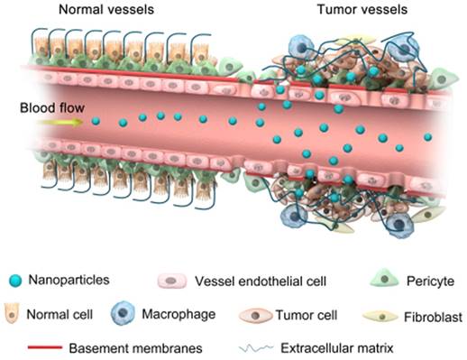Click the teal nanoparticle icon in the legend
coord(15,281)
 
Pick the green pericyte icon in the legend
coord(385,281)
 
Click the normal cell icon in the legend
coord(15,314)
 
